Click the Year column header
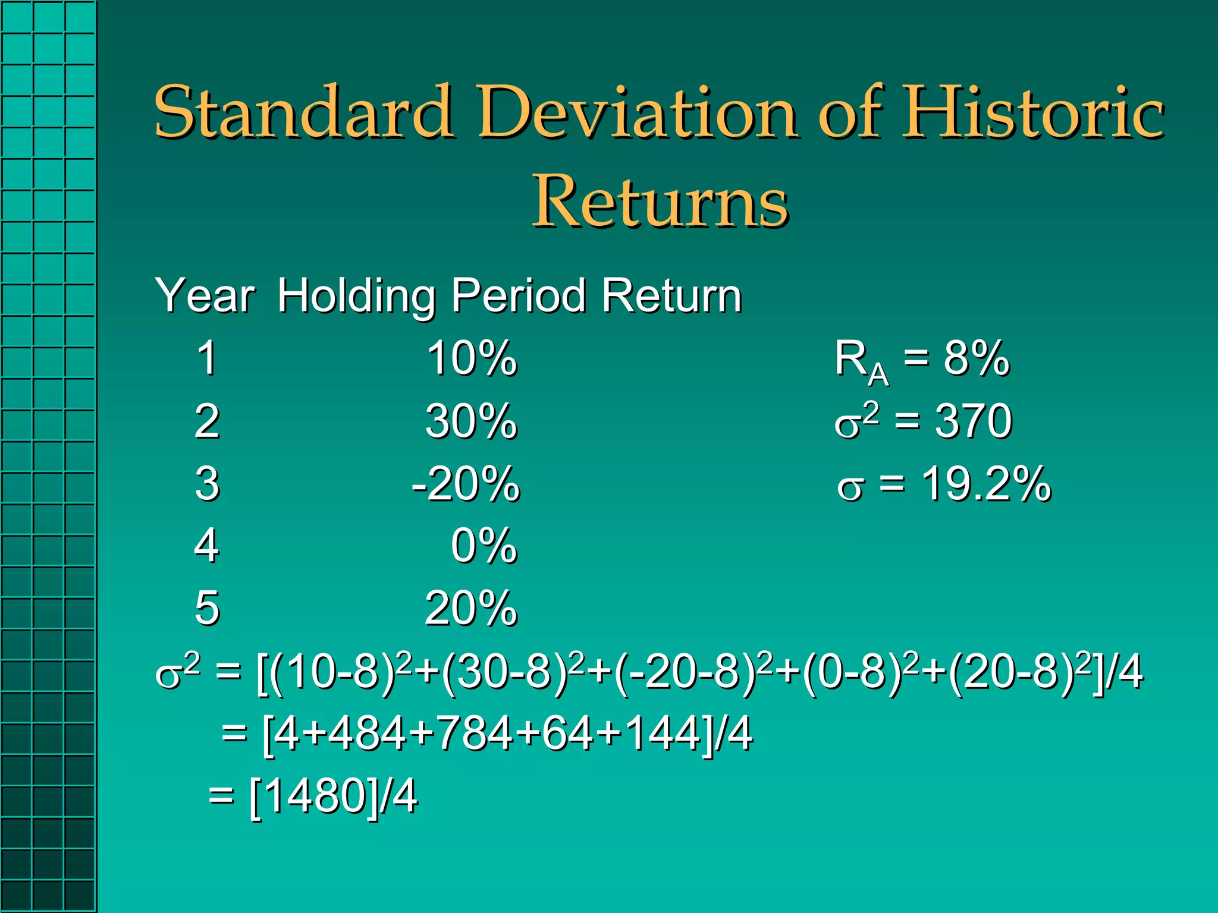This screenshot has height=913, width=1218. pyautogui.click(x=205, y=295)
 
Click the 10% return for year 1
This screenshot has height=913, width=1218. pyautogui.click(x=472, y=358)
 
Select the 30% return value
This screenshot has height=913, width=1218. pyautogui.click(x=472, y=421)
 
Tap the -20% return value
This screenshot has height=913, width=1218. pyautogui.click(x=466, y=484)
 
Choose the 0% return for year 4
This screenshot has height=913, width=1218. pyautogui.click(x=484, y=546)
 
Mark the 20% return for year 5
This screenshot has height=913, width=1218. pyautogui.click(x=472, y=609)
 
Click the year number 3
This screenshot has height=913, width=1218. pyautogui.click(x=207, y=484)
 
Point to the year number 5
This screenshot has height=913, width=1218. pyautogui.click(x=207, y=609)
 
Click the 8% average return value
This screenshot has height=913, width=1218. pyautogui.click(x=977, y=358)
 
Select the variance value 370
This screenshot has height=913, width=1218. pyautogui.click(x=973, y=421)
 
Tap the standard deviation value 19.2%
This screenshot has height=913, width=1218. pyautogui.click(x=986, y=484)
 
